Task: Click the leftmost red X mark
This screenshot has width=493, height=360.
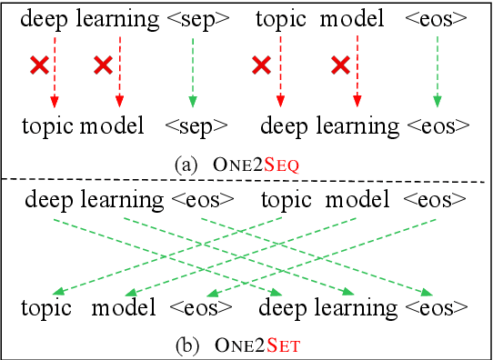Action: click(39, 65)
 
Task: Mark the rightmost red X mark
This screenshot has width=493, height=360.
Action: click(341, 65)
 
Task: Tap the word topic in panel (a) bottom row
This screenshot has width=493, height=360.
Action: click(47, 125)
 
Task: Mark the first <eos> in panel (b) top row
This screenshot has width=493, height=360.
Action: click(198, 198)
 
